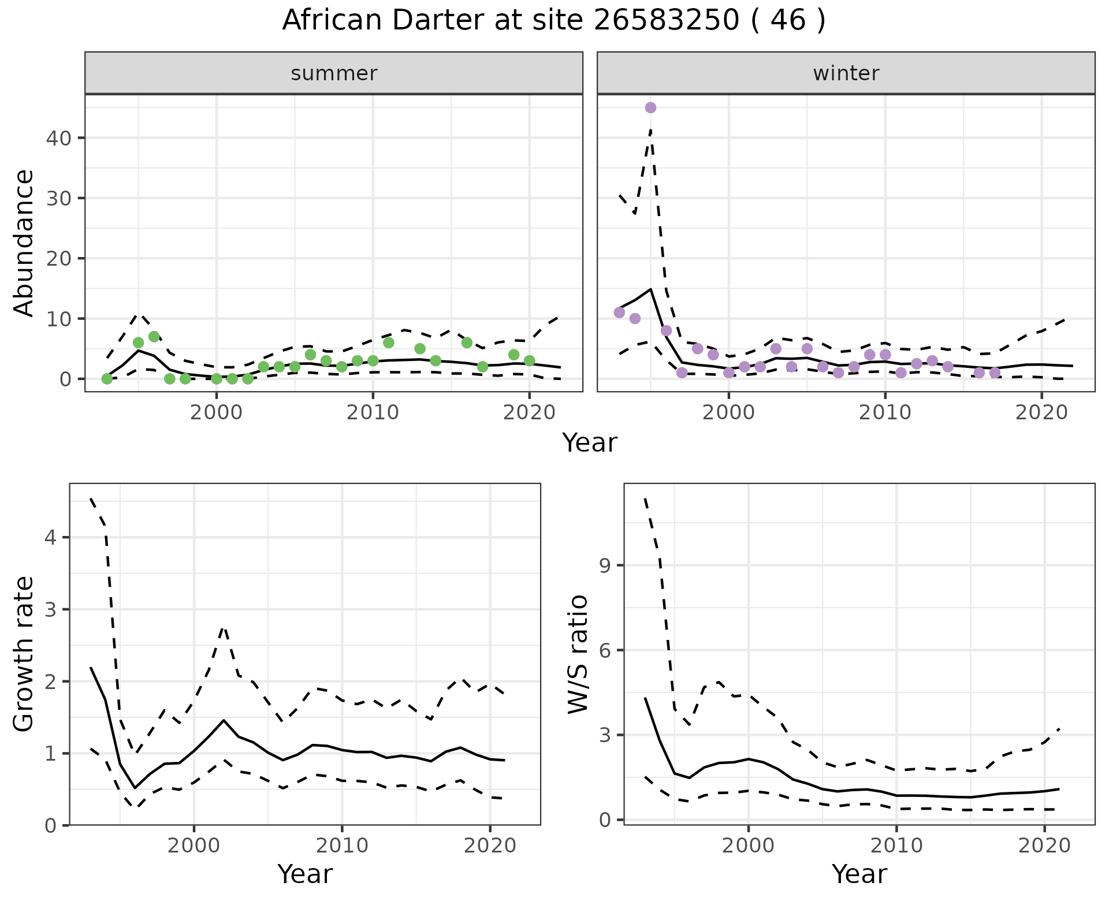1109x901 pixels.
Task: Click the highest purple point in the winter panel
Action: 650,107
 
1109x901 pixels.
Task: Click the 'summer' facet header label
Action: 334,73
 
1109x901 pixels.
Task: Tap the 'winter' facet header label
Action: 846,73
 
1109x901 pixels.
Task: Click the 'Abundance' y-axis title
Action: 24,243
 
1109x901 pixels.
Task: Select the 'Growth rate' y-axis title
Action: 24,654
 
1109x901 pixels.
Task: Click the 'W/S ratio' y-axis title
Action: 578,654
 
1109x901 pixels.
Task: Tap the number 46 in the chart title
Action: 788,21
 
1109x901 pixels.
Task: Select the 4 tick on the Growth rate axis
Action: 50,538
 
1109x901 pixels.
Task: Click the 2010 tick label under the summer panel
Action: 373,413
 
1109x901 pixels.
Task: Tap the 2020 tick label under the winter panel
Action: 1041,413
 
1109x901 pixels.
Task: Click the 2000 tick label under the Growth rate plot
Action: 194,846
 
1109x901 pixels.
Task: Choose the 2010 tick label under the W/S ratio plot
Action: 896,846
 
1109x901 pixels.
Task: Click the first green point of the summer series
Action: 107,379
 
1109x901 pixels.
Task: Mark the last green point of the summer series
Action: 529,361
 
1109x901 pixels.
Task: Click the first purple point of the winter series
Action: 619,312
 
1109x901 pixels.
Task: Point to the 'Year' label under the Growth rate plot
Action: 305,874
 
